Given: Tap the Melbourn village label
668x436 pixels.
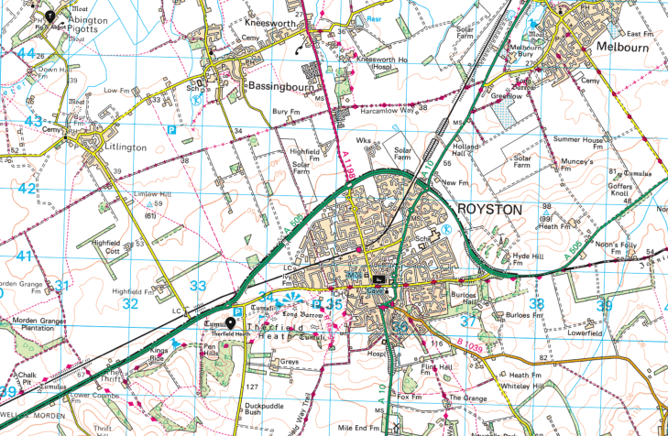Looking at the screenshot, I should click(623, 45).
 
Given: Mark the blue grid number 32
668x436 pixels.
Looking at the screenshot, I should click(131, 303).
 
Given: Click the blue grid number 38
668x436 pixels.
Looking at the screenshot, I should click(537, 302).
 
